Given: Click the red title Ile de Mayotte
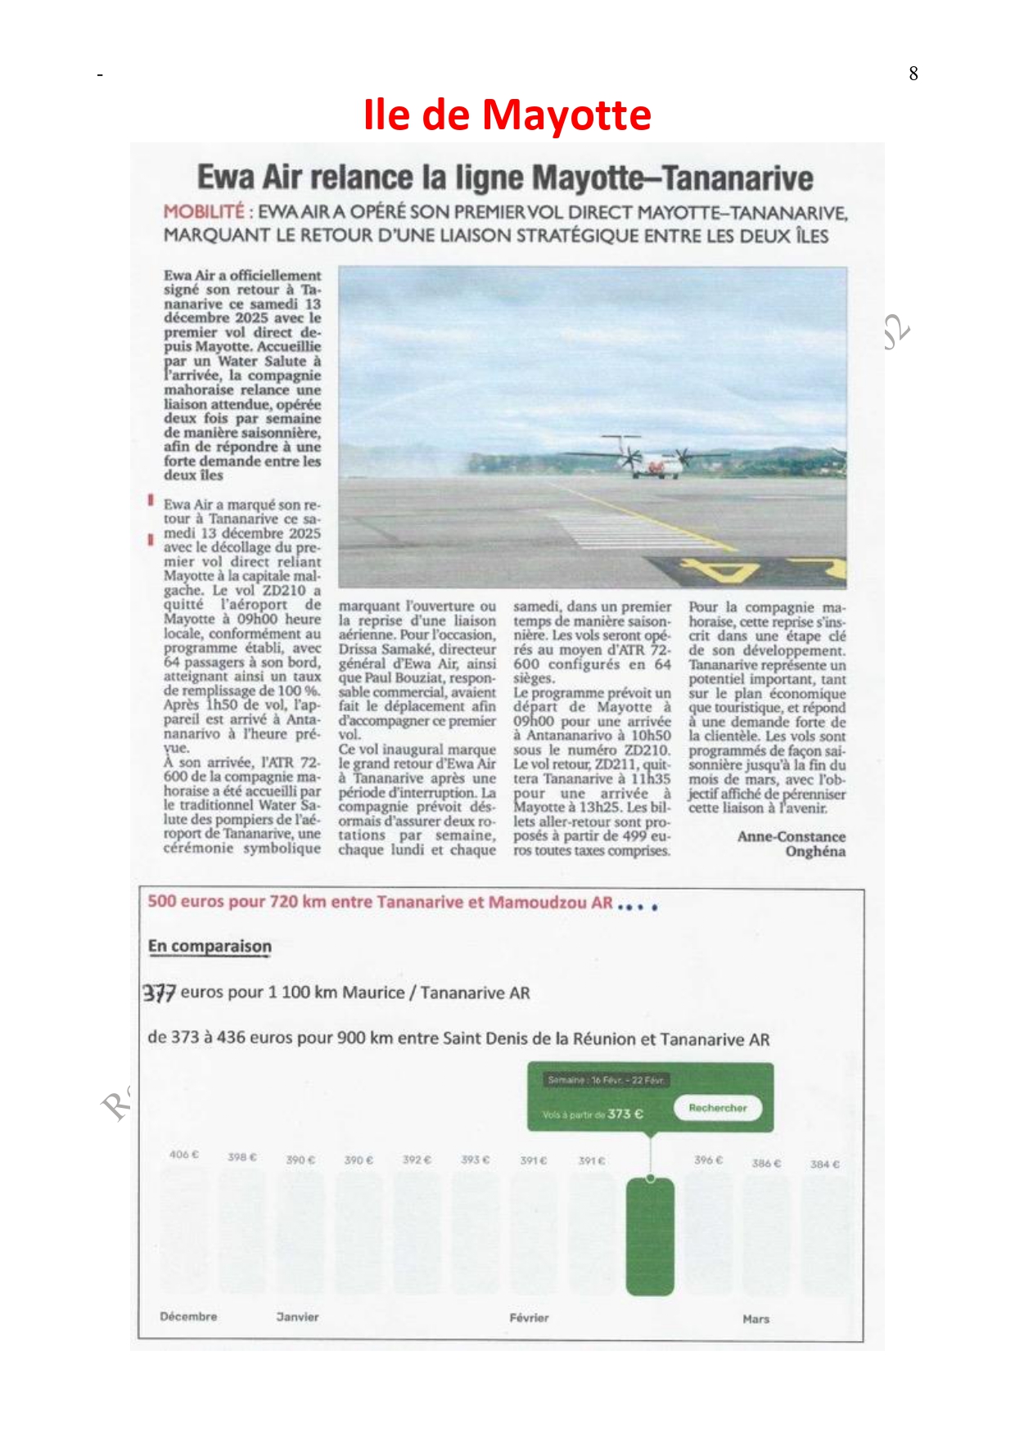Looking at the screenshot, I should [507, 115].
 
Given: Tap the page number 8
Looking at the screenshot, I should [913, 74].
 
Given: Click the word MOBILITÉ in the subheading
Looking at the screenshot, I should [204, 212].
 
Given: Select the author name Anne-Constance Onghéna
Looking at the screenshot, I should [792, 844].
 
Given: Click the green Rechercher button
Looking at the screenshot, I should [717, 1108].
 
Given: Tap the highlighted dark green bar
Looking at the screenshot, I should [650, 1236].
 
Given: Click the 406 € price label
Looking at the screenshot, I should [184, 1155].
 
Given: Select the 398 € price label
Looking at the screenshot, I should [242, 1157].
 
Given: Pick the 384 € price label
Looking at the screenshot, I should [824, 1164].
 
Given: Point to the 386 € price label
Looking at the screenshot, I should [766, 1164].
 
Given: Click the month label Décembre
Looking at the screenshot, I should [188, 1317].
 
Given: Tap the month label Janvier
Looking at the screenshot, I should [297, 1317].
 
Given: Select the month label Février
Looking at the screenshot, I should [529, 1318].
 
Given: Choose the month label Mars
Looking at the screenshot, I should [756, 1319].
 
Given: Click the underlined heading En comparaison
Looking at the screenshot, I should [210, 947].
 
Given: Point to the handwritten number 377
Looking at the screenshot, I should [160, 993].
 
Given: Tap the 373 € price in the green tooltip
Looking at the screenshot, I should [625, 1114].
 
